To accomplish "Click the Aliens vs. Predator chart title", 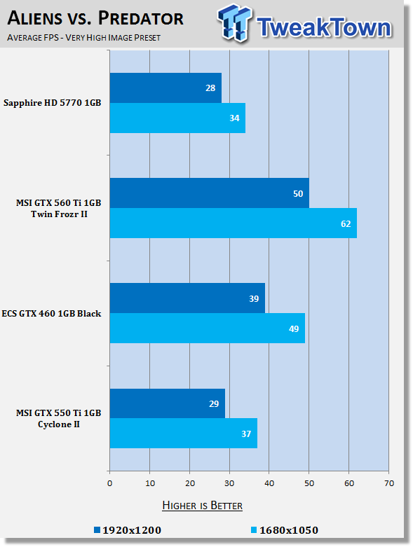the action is pyautogui.click(x=95, y=18).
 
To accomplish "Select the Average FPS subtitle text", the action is pyautogui.click(x=83, y=38).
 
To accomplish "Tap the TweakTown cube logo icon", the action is pyautogui.click(x=234, y=23).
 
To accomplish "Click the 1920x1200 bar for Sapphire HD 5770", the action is pyautogui.click(x=165, y=88).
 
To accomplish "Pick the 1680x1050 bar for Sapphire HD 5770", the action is pyautogui.click(x=177, y=118).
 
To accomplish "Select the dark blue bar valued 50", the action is pyautogui.click(x=210, y=193).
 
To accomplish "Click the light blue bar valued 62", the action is pyautogui.click(x=233, y=223).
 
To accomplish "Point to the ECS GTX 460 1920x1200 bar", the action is pyautogui.click(x=187, y=298).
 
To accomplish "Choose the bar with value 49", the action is pyautogui.click(x=208, y=328).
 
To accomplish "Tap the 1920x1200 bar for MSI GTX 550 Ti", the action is pyautogui.click(x=168, y=403).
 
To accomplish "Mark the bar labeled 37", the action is pyautogui.click(x=184, y=434).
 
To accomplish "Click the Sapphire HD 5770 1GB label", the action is pyautogui.click(x=53, y=103).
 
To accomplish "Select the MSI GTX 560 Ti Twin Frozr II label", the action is pyautogui.click(x=59, y=209).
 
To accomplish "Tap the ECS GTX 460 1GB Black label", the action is pyautogui.click(x=51, y=314).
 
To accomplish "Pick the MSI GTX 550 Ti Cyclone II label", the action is pyautogui.click(x=59, y=419).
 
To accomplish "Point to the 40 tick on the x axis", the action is pyautogui.click(x=269, y=483).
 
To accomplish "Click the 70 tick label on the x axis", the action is pyautogui.click(x=389, y=483).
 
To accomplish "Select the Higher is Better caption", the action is pyautogui.click(x=203, y=506).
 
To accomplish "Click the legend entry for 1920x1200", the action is pyautogui.click(x=128, y=530).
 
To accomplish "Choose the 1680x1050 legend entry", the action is pyautogui.click(x=285, y=530).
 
